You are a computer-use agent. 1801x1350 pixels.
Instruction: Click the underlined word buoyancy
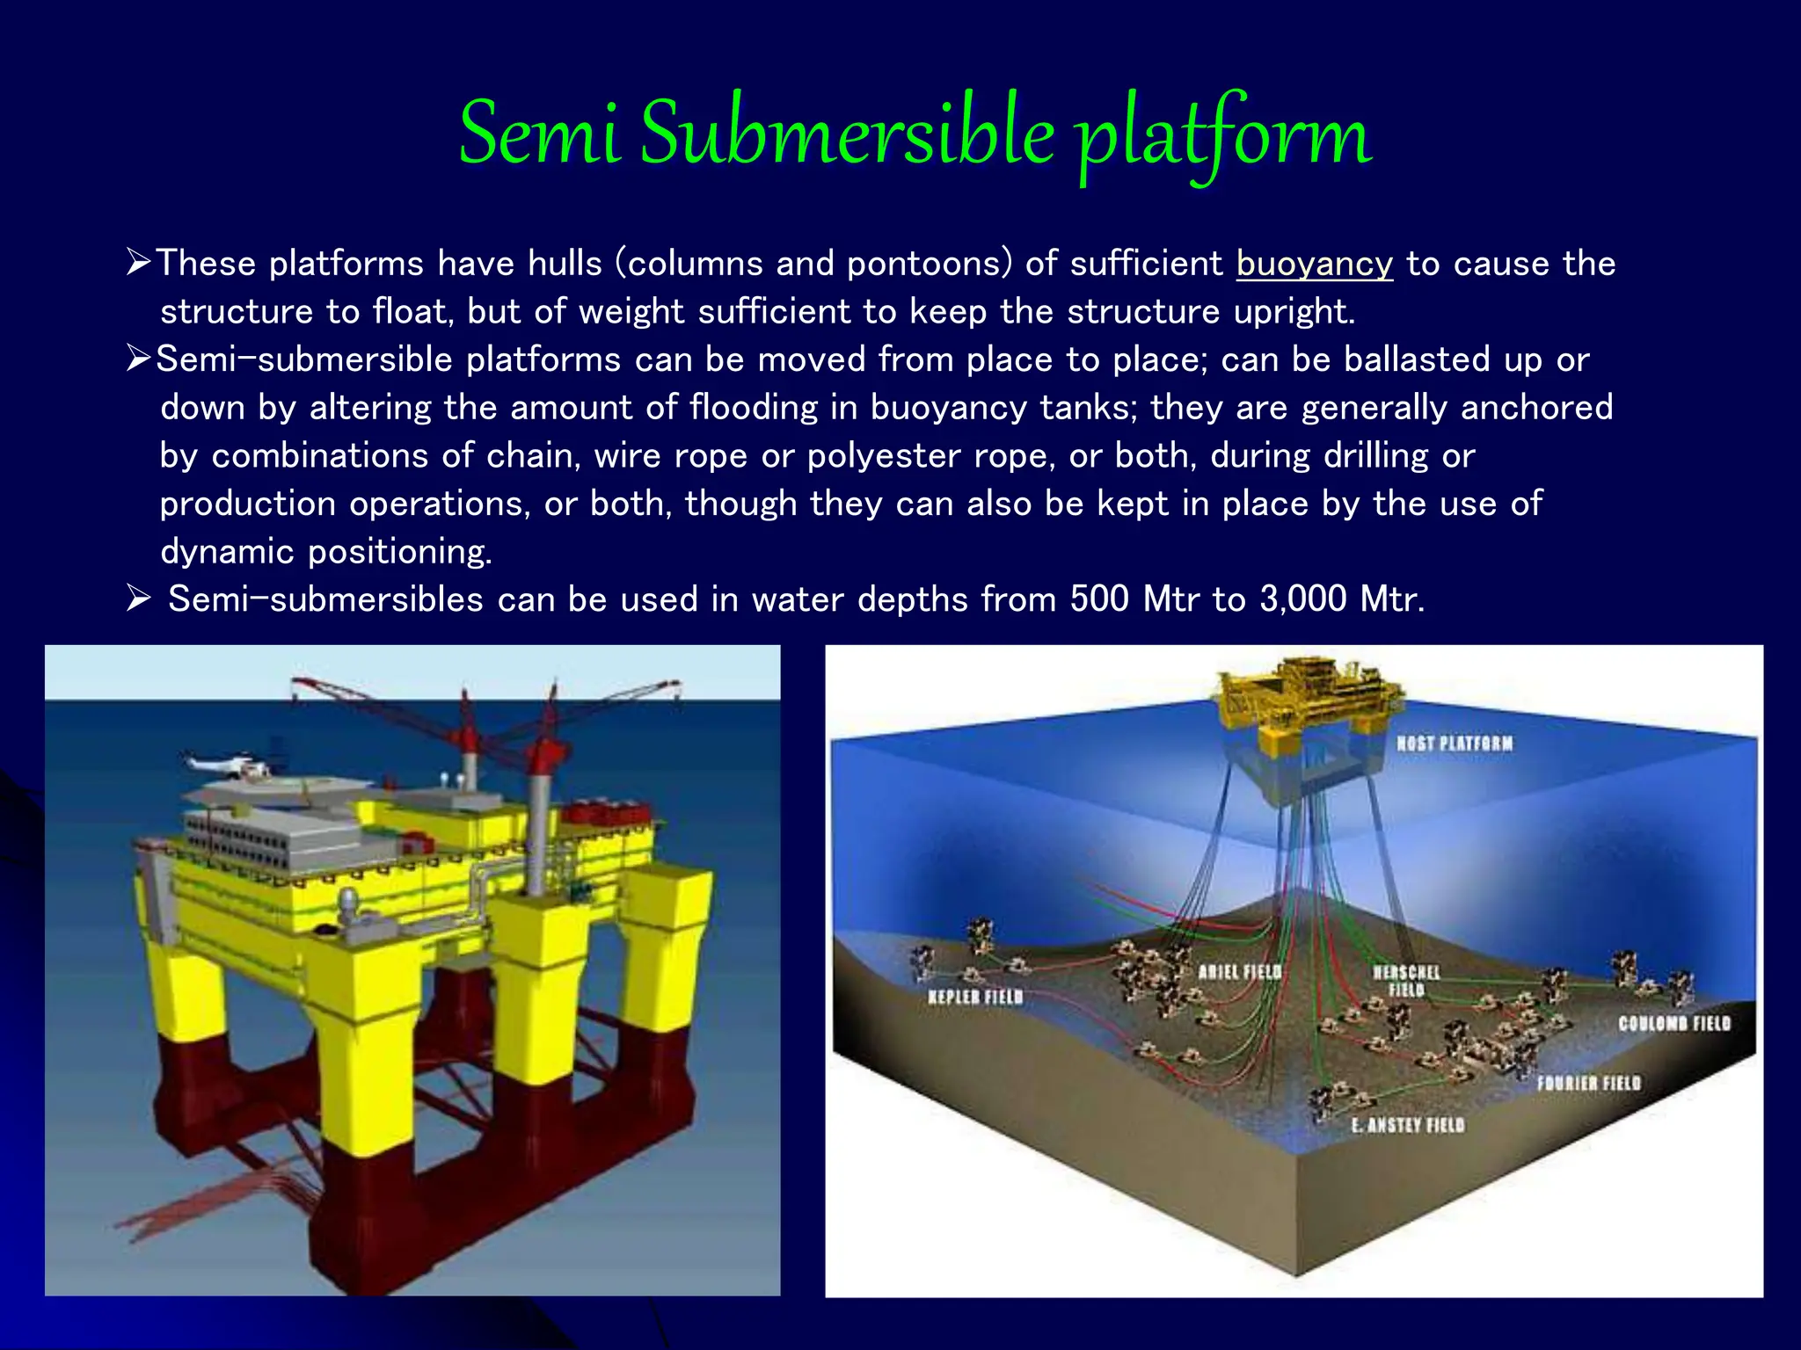[x=1314, y=264]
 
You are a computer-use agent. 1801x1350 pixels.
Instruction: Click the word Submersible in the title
[x=847, y=134]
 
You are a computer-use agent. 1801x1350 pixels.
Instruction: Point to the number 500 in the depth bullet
[x=1099, y=599]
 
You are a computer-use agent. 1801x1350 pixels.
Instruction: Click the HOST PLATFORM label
[x=1455, y=744]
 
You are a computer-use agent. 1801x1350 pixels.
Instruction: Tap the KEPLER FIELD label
[x=975, y=997]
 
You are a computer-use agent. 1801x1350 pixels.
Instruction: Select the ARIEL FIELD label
[x=1239, y=972]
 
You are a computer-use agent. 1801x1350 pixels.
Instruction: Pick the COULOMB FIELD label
[x=1674, y=1024]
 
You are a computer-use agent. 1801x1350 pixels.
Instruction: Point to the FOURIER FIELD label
[x=1588, y=1084]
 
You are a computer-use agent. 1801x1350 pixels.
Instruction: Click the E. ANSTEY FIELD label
[x=1408, y=1125]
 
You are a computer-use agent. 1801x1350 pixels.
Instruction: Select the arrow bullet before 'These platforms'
[x=139, y=263]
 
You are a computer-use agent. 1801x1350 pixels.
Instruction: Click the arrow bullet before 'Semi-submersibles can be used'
[x=139, y=599]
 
